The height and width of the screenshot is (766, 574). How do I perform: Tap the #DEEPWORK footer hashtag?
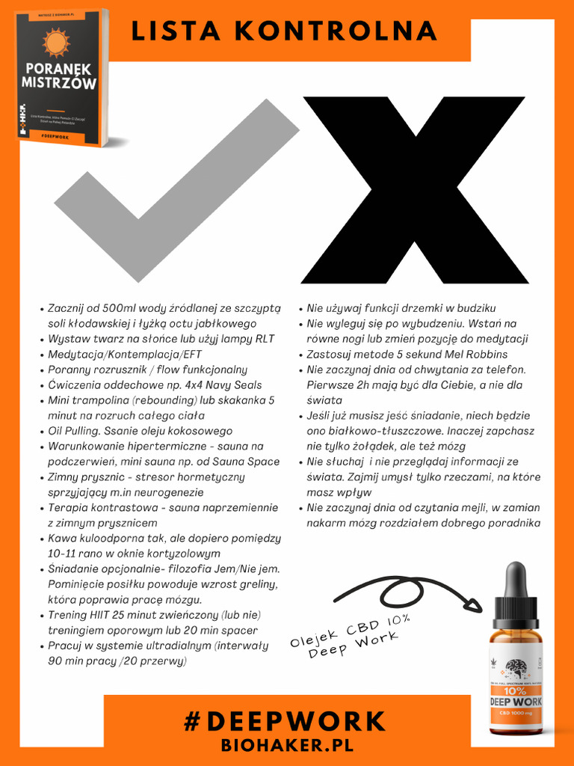click(285, 722)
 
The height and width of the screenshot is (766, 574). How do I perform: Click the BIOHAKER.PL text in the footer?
click(286, 746)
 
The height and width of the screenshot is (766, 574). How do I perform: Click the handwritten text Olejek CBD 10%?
click(351, 631)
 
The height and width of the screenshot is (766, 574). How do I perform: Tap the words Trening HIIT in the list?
click(78, 616)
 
